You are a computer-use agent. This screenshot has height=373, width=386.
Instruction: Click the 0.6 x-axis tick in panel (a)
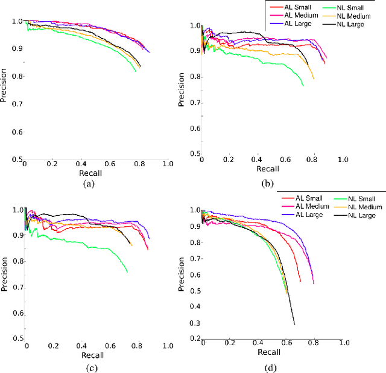[x=110, y=164]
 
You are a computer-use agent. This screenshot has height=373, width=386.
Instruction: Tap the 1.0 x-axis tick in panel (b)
[x=342, y=160]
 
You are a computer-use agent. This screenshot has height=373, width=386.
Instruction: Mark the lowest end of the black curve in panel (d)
[x=294, y=325]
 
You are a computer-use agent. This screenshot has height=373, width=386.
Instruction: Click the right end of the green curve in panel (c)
[x=127, y=272]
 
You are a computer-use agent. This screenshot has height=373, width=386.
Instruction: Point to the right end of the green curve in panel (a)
[x=136, y=72]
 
